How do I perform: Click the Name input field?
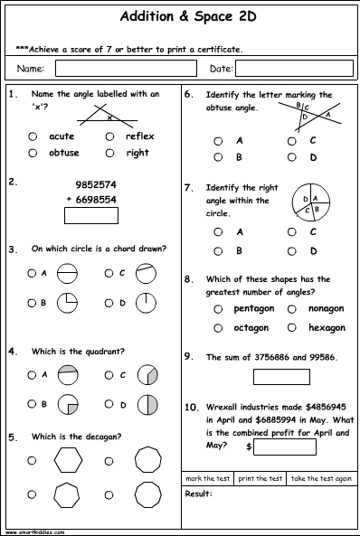coord(126,68)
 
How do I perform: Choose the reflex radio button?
coord(110,136)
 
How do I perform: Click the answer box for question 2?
coord(90,215)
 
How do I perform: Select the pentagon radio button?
coord(217,309)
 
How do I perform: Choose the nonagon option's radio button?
coord(292,309)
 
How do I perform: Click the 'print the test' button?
coord(261,477)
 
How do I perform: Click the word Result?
coord(198,494)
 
